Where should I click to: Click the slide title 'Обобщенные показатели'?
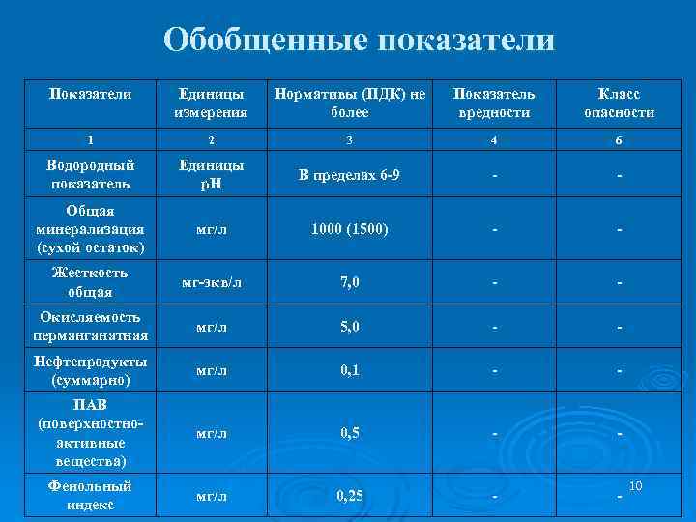(359, 41)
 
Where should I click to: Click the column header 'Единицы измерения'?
(211, 103)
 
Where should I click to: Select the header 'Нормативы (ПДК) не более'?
(349, 103)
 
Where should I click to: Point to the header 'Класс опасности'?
(619, 103)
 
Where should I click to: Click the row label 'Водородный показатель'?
(90, 174)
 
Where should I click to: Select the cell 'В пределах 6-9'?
(349, 175)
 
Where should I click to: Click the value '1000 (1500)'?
(349, 229)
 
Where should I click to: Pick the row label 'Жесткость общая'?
(90, 281)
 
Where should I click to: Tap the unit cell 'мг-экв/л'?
(211, 282)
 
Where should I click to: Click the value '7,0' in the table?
(349, 282)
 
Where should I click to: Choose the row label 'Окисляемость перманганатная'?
(90, 326)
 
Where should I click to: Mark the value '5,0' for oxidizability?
(349, 327)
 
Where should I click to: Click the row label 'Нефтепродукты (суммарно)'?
(90, 370)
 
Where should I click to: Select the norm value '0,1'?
(349, 370)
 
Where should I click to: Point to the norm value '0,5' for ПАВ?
(349, 433)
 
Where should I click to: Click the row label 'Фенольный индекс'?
(90, 495)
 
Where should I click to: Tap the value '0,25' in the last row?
(349, 496)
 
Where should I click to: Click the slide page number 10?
(636, 483)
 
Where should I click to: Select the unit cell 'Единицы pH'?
(211, 174)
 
